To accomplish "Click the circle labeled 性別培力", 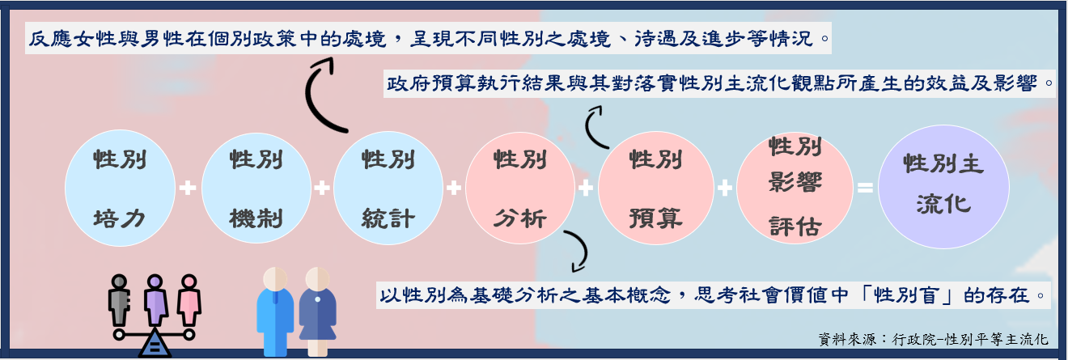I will [120, 188].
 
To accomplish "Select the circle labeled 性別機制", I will [256, 188].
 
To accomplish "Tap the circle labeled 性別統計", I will [389, 188].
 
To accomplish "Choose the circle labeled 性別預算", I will [655, 188].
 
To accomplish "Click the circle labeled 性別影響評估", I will [795, 188].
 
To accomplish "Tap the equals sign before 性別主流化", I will [865, 188].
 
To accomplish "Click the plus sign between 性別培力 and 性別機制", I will [188, 188].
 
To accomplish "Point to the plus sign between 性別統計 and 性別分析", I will [453, 188].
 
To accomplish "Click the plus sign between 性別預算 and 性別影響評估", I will [725, 188].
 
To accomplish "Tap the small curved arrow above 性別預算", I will [595, 130].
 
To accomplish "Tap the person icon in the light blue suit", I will [275, 311].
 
